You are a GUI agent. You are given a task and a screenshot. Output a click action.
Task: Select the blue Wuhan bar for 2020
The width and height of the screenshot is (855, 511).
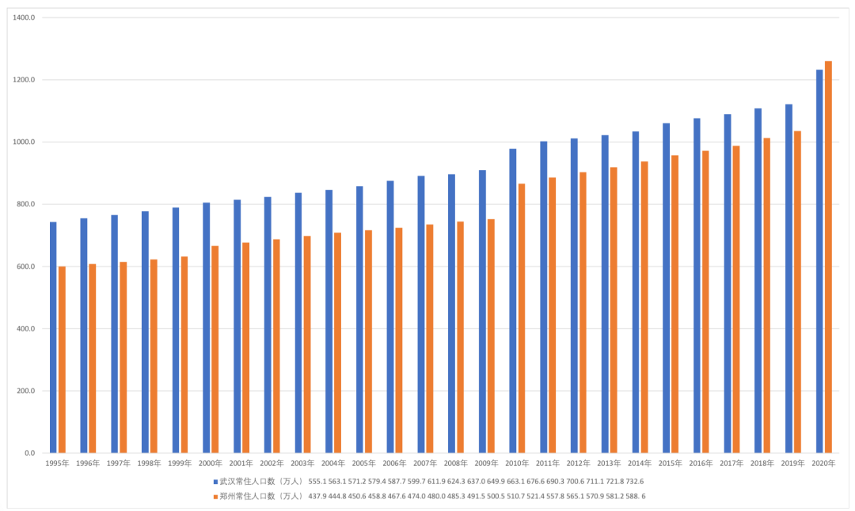point(819,261)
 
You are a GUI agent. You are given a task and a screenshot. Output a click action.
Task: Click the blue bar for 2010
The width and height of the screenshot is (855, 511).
point(513,301)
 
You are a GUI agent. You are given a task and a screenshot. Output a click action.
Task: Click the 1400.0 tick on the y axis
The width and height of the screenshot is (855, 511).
point(25,17)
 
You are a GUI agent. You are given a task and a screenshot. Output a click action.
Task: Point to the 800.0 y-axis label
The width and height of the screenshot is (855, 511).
point(27,204)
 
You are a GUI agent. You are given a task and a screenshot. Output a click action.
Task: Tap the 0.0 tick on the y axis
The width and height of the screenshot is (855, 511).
point(30,453)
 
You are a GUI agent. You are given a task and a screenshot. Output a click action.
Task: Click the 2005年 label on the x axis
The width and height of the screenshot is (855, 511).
point(363,464)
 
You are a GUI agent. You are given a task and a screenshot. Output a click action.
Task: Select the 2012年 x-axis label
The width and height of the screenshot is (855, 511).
point(578,464)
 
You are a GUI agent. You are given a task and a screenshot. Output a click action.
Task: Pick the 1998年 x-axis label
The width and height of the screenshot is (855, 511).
point(149,464)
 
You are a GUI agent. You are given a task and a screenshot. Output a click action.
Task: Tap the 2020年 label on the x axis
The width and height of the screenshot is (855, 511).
point(823,464)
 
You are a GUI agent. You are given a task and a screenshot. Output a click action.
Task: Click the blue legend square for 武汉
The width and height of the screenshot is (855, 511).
point(215,481)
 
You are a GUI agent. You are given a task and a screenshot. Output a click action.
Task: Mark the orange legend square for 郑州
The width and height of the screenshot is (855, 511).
point(215,497)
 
